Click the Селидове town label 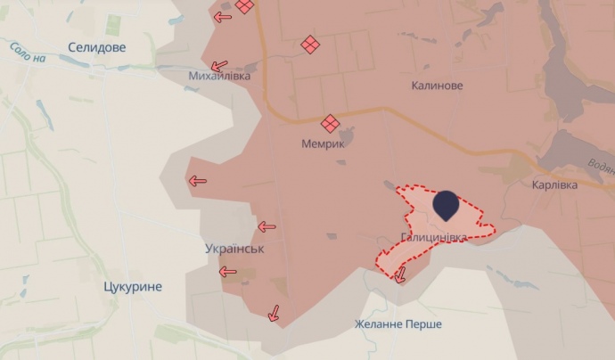pyautogui.click(x=97, y=46)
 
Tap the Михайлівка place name pyautogui.click(x=219, y=77)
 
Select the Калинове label pyautogui.click(x=437, y=86)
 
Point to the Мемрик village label pyautogui.click(x=323, y=142)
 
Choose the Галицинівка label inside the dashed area pyautogui.click(x=433, y=238)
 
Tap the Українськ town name pyautogui.click(x=234, y=250)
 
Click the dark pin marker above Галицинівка pyautogui.click(x=447, y=207)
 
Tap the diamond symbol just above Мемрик pyautogui.click(x=330, y=123)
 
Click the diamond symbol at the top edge pyautogui.click(x=243, y=5)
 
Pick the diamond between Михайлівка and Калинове pyautogui.click(x=310, y=45)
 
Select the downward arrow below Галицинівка pyautogui.click(x=399, y=276)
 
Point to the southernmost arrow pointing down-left pyautogui.click(x=274, y=313)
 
